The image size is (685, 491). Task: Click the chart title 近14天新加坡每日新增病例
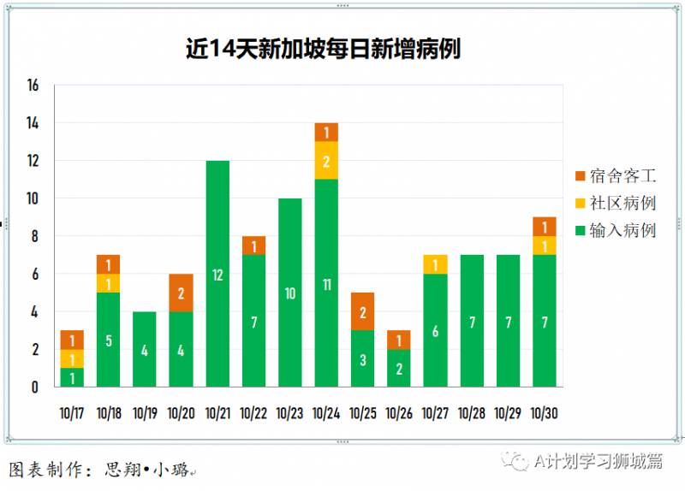(323, 49)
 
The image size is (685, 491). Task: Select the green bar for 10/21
(217, 274)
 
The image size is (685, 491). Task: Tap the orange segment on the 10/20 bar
(181, 293)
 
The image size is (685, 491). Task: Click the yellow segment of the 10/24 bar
(326, 160)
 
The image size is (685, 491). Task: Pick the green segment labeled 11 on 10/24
(326, 283)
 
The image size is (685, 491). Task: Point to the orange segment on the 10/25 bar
(362, 311)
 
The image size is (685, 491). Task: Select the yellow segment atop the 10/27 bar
(435, 264)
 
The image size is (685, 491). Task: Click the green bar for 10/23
(290, 293)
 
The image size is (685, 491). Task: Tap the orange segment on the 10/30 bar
(544, 227)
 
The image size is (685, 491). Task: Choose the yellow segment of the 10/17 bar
(72, 359)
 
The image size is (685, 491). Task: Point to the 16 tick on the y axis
(33, 86)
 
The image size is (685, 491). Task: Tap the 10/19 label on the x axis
(145, 413)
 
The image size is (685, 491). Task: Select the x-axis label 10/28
(472, 413)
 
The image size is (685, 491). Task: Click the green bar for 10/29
(508, 321)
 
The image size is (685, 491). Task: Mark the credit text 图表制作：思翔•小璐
(98, 470)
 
